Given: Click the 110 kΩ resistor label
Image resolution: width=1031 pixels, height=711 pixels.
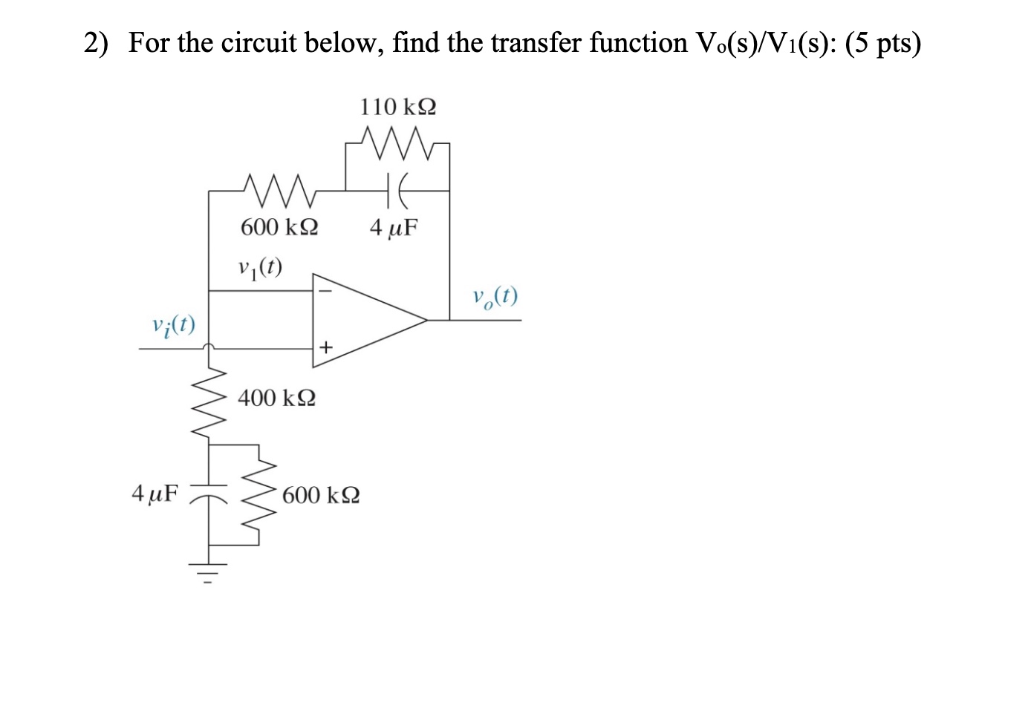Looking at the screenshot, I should tap(398, 108).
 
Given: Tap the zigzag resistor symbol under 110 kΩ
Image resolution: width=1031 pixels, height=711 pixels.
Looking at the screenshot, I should tap(397, 139).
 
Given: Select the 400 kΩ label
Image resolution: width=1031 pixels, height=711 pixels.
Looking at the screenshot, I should tap(276, 399).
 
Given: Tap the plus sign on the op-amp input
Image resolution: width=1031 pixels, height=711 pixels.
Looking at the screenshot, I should tap(325, 347).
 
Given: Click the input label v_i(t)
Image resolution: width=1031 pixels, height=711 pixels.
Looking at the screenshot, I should tap(173, 324).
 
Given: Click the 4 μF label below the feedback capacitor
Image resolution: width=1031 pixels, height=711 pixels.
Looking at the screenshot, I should tap(394, 227).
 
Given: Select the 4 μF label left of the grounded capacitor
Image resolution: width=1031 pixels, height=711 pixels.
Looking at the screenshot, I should tap(155, 493).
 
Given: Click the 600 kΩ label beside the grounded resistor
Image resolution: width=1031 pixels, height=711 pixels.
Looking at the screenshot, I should tap(321, 495).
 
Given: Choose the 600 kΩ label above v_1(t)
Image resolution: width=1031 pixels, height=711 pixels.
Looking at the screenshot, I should tap(279, 226).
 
